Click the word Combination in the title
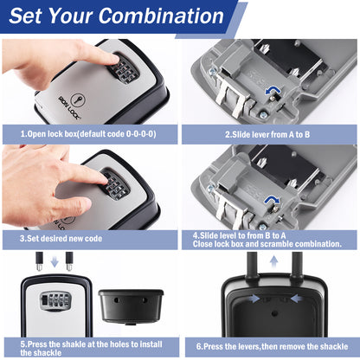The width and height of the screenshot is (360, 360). coord(161,16)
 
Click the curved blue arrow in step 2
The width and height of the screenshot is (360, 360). coord(273,91)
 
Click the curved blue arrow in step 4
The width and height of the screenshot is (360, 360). coord(273,200)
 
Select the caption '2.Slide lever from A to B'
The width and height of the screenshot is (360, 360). coord(267,134)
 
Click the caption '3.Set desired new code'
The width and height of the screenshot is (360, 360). coord(61,239)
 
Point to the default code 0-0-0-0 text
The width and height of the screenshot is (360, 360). coord(141,134)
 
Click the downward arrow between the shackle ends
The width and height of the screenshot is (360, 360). coord(55,261)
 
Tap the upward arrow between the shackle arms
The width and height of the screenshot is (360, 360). coord(273,263)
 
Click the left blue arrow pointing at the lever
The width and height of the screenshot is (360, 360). coord(254,299)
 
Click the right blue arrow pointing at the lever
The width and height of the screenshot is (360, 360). coord(297,299)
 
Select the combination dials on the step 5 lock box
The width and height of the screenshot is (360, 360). coord(55,301)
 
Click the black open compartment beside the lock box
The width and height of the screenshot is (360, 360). coord(131,306)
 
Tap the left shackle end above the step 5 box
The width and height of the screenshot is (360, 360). coord(39,261)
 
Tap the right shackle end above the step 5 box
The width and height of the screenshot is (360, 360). coord(69,261)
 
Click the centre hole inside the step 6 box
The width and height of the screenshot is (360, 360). coord(274,312)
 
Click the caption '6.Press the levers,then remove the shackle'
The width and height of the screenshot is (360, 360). coord(272,346)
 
